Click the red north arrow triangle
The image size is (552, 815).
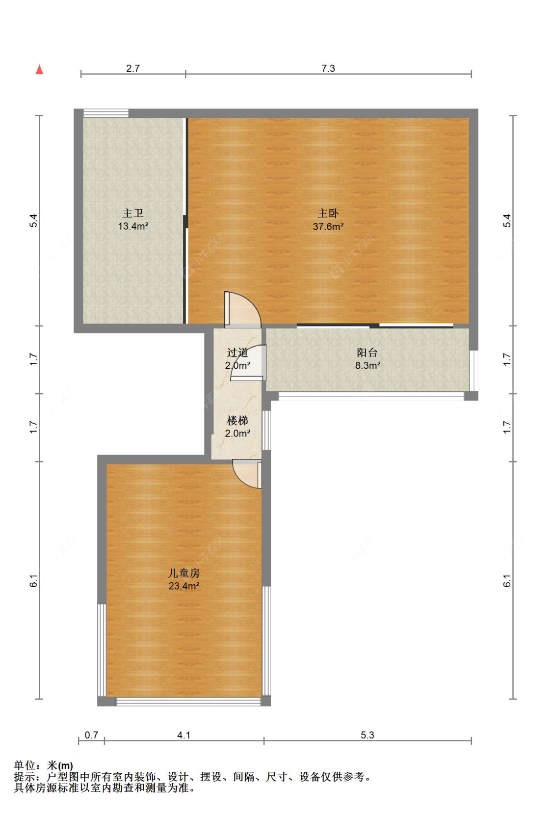tap(39, 69)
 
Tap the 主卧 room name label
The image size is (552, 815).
tap(328, 213)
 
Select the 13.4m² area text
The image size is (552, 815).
tap(133, 226)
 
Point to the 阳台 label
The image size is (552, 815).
tap(368, 353)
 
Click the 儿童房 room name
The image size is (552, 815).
tap(184, 573)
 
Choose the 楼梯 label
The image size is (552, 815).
tap(237, 421)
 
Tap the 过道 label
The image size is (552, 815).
tap(237, 353)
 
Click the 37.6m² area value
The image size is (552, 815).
tap(328, 226)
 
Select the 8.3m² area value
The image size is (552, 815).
tap(368, 365)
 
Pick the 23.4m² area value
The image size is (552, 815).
tap(184, 586)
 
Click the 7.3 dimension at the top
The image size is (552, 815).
tap(328, 68)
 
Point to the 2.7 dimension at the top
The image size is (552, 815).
tap(133, 68)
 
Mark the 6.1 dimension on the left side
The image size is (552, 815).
tap(33, 581)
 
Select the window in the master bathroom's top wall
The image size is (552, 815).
tap(106, 113)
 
